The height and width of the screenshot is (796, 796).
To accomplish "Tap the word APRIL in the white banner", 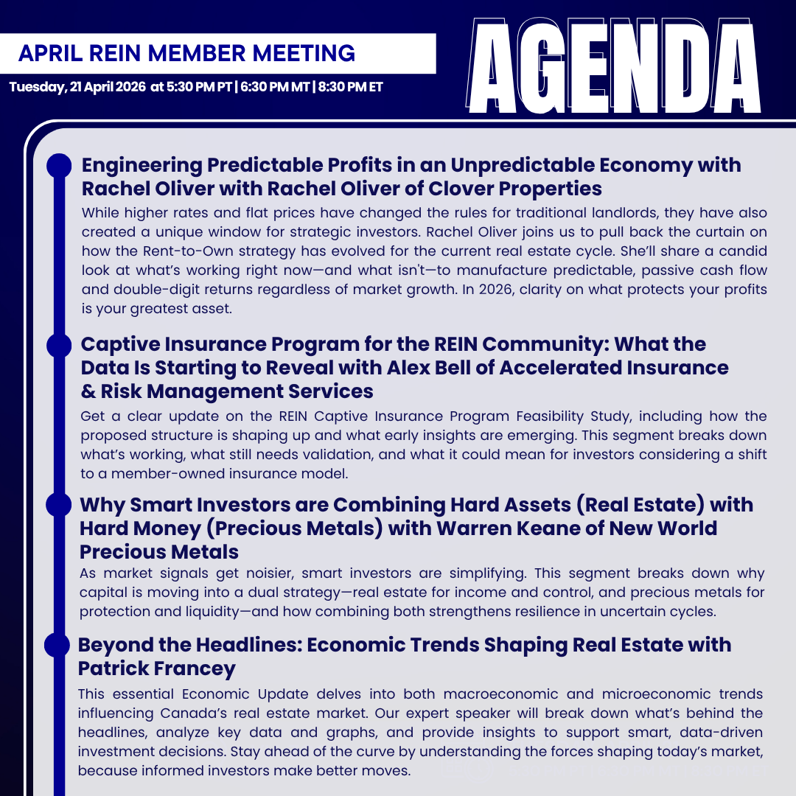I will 47,54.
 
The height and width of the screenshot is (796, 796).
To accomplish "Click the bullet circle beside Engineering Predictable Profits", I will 59,166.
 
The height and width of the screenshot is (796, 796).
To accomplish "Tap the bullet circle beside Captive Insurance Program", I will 58,345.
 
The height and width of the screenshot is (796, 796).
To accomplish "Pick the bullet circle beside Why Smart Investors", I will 58,505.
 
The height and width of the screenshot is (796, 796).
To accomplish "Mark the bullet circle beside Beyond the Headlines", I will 57,646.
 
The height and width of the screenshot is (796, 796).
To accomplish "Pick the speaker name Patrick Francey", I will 157,668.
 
